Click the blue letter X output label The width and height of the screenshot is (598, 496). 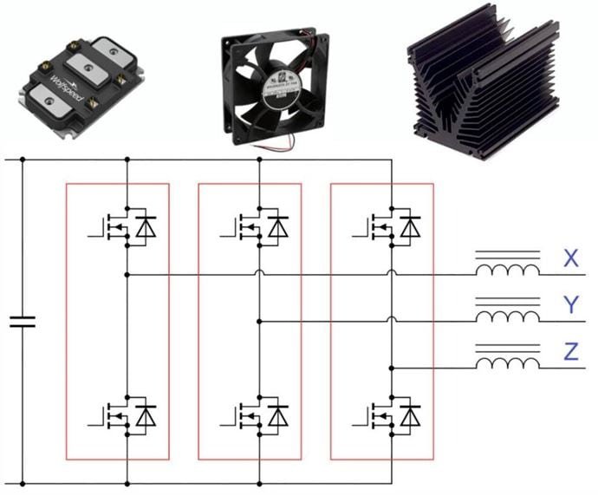pyautogui.click(x=569, y=258)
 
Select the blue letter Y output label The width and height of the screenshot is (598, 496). pyautogui.click(x=569, y=304)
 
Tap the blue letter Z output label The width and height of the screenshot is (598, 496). pyautogui.click(x=569, y=351)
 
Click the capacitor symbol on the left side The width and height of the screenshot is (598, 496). pyautogui.click(x=23, y=323)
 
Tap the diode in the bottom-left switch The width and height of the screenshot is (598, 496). pyautogui.click(x=146, y=415)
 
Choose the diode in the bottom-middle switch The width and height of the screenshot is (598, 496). pyautogui.click(x=277, y=415)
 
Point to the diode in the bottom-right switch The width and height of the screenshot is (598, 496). pyautogui.click(x=410, y=415)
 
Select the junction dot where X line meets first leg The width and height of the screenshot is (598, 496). pyautogui.click(x=127, y=275)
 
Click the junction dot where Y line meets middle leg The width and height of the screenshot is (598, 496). pyautogui.click(x=260, y=321)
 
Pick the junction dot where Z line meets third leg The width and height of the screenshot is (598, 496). pyautogui.click(x=392, y=368)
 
